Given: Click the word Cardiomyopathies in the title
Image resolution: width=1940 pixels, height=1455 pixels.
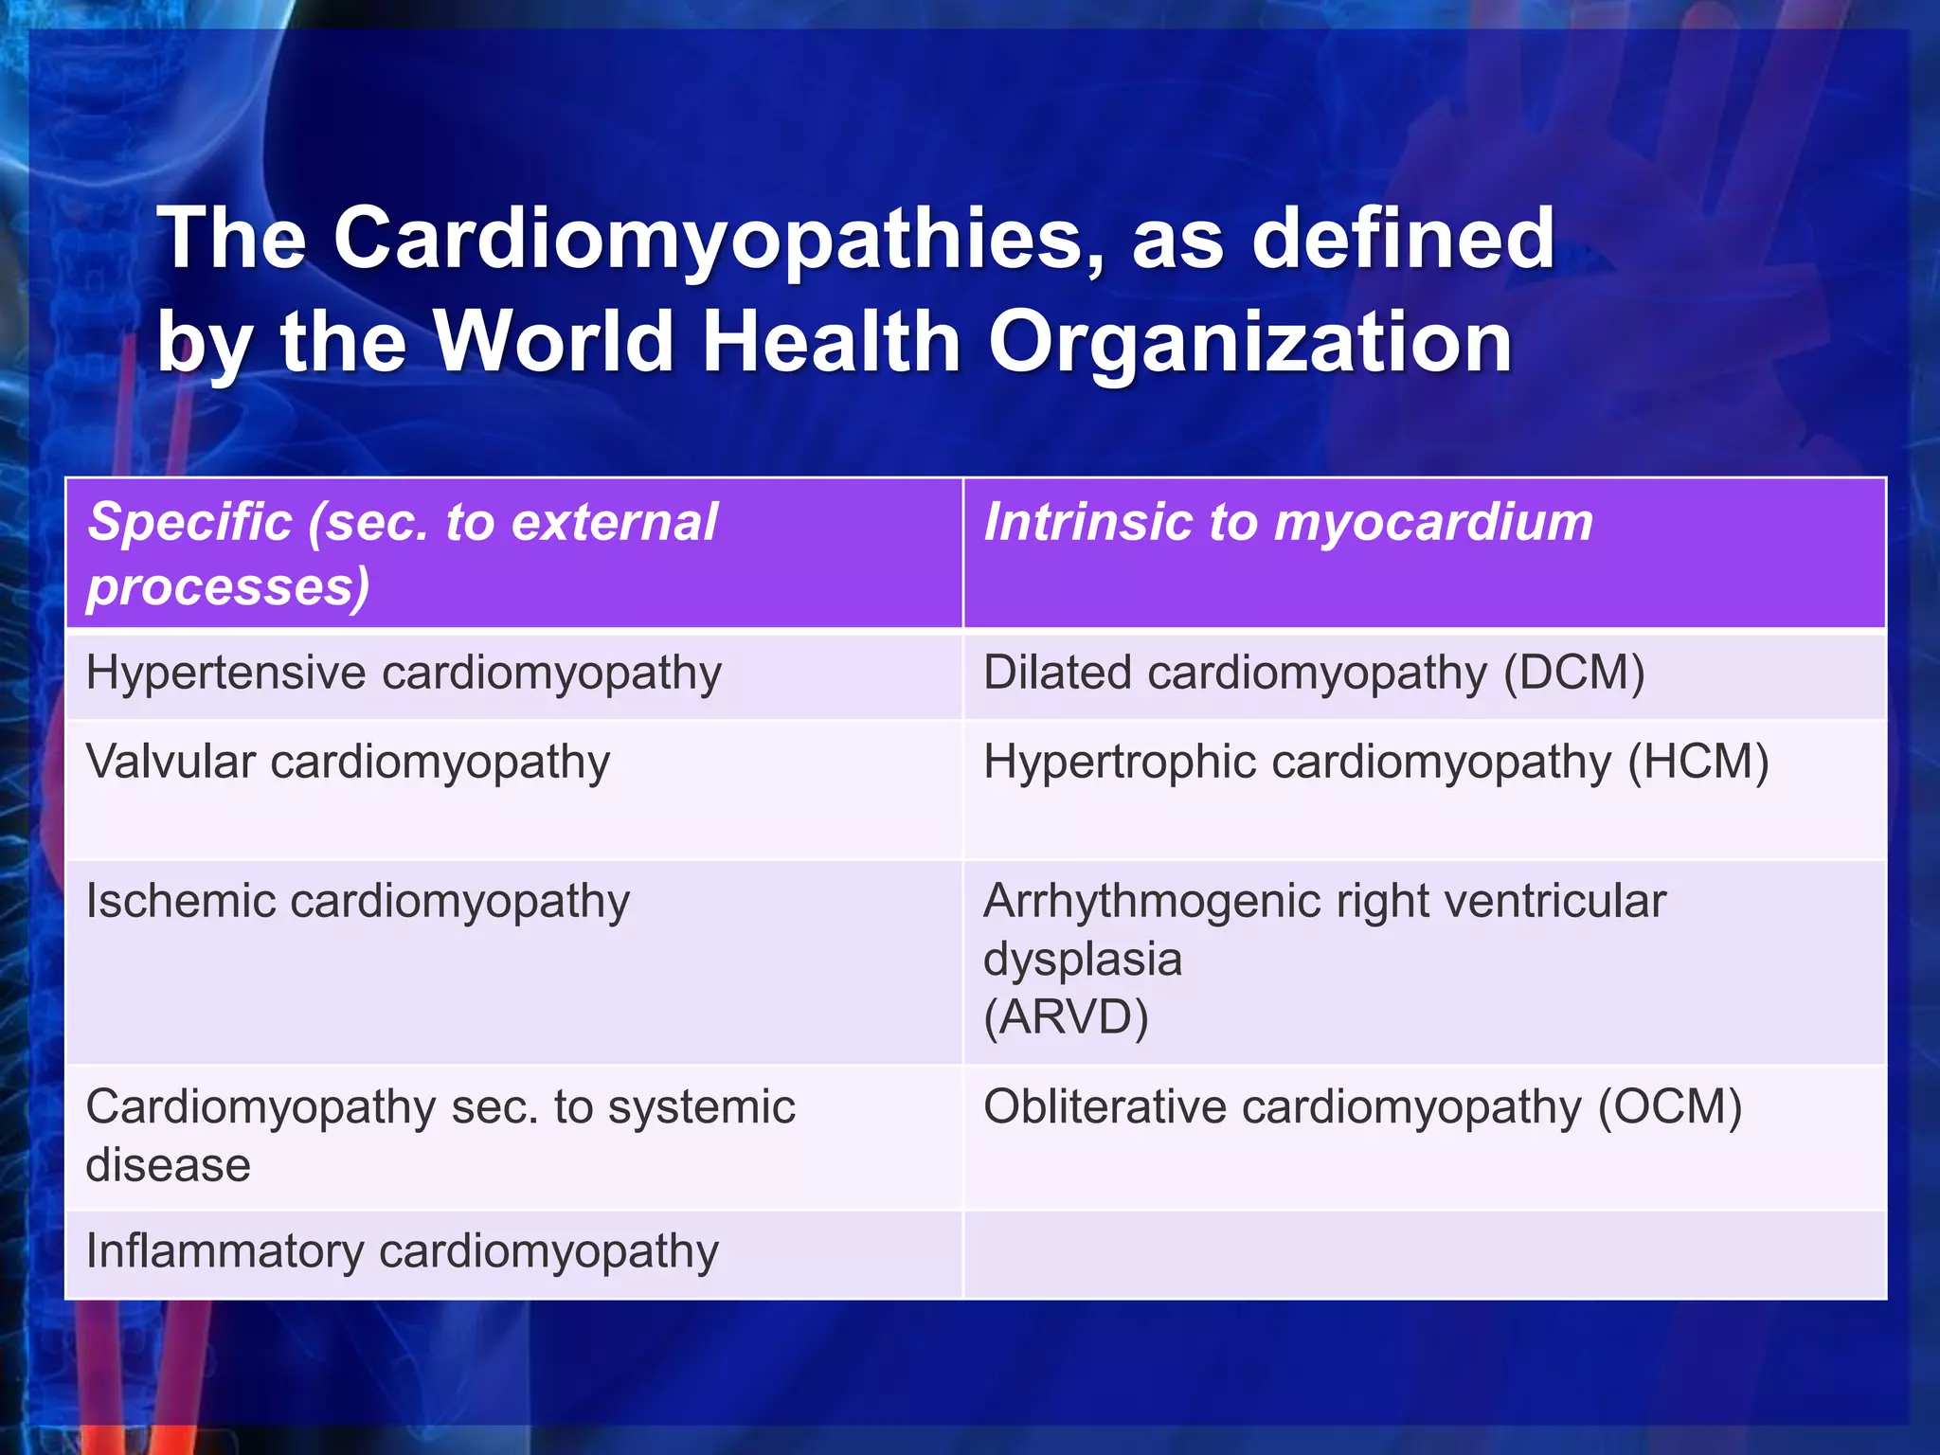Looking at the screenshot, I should pos(707,239).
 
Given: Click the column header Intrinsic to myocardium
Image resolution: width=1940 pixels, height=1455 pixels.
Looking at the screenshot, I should pos(1288,523).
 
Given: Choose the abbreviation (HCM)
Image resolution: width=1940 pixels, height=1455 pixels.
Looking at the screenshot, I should pos(1697,763).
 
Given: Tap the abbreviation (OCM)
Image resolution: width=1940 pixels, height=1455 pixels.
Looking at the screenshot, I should pos(1670,1107).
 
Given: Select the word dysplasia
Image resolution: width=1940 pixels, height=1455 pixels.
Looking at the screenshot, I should pos(1083,960).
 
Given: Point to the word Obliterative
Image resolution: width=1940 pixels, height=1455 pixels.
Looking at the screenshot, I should pos(1105,1107).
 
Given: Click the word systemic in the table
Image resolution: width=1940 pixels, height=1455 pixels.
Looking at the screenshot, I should pos(701,1107).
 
